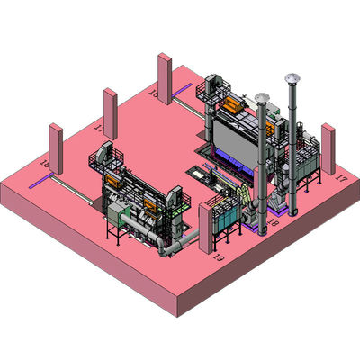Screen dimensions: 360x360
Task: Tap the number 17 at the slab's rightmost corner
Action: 340,180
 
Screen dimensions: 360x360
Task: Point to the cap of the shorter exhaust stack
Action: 262,96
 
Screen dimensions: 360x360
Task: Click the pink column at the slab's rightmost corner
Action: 328,148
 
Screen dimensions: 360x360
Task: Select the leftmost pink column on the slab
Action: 55,152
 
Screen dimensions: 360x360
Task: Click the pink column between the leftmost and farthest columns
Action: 111,115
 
